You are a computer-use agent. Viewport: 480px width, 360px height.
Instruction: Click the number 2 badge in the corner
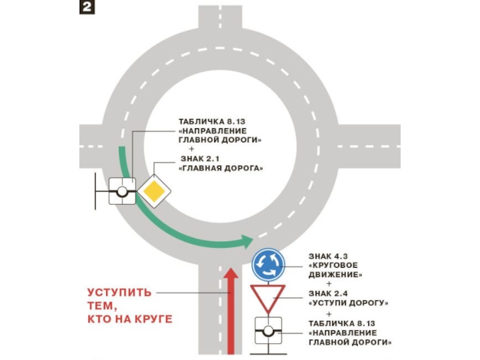click(x=87, y=7)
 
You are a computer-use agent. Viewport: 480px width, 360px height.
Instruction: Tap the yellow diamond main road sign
click(x=154, y=191)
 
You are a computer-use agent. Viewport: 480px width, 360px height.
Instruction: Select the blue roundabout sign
click(x=268, y=265)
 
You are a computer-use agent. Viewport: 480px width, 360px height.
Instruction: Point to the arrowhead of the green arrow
click(x=247, y=241)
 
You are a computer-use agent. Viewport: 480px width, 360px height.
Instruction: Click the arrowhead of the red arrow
click(x=231, y=273)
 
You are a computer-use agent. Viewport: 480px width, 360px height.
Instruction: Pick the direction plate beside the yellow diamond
click(x=122, y=191)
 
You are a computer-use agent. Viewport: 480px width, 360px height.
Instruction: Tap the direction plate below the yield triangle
click(x=268, y=331)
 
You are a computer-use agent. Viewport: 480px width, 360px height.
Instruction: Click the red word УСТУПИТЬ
click(x=119, y=292)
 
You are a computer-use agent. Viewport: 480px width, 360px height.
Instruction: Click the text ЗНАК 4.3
click(x=328, y=256)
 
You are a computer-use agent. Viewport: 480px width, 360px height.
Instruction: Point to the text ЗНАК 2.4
click(x=328, y=293)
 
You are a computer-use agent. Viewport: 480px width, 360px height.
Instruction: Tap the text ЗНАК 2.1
click(x=200, y=158)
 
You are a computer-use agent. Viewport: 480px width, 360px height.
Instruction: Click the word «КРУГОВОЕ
click(x=333, y=265)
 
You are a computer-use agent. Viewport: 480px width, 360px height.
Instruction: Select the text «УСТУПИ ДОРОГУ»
click(x=349, y=303)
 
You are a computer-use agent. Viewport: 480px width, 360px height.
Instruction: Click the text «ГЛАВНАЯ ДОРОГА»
click(x=221, y=168)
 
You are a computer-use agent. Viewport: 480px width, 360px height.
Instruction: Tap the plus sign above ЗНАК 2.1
click(x=191, y=149)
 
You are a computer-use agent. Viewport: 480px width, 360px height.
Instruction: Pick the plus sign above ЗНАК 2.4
click(x=329, y=284)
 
